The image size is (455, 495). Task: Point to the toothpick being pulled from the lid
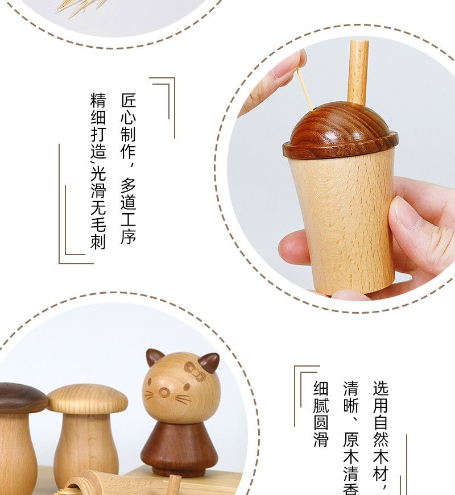pyautogui.click(x=305, y=90)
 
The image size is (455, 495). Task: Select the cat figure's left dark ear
pyautogui.click(x=154, y=357)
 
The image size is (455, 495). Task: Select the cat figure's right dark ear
pyautogui.click(x=209, y=362)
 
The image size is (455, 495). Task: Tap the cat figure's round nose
pyautogui.click(x=164, y=392)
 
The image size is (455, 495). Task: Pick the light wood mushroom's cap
pyautogui.click(x=88, y=398)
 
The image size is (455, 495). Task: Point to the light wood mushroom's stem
pyautogui.click(x=86, y=448)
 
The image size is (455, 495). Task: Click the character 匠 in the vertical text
pyautogui.click(x=129, y=101)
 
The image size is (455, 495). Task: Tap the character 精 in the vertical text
pyautogui.click(x=98, y=100)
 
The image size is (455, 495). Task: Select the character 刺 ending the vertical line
pyautogui.click(x=98, y=242)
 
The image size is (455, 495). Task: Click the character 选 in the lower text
pyautogui.click(x=380, y=389)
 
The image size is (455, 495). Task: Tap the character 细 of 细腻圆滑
pyautogui.click(x=321, y=389)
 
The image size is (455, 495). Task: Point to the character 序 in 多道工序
pyautogui.click(x=129, y=236)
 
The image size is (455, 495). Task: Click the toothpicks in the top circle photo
pyautogui.click(x=81, y=7)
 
